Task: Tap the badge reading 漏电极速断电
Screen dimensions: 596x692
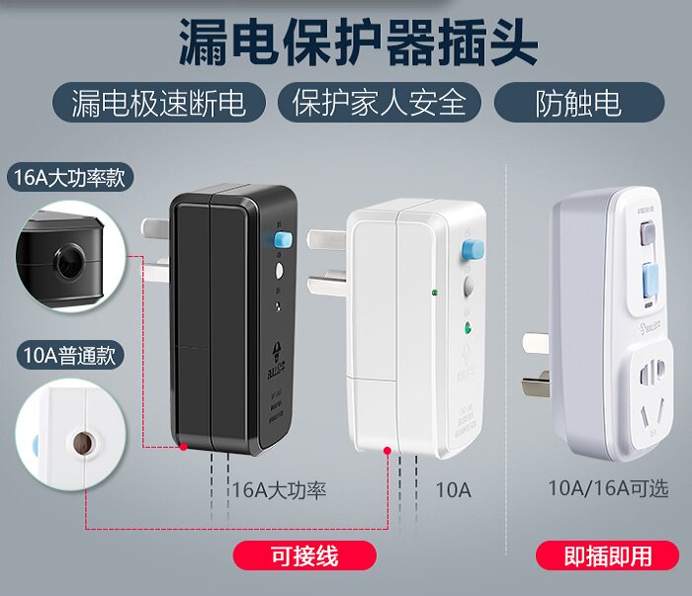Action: [x=157, y=102]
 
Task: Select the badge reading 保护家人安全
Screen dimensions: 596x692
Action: [x=379, y=102]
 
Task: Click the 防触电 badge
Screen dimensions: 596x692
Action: [x=578, y=102]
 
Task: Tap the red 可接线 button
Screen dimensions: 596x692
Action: [x=304, y=556]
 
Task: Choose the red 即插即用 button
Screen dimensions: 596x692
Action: [x=608, y=556]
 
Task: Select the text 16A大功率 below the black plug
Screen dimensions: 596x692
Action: [x=279, y=489]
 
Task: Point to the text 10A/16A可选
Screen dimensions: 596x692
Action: [x=608, y=487]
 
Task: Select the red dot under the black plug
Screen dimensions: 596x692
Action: [x=184, y=448]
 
